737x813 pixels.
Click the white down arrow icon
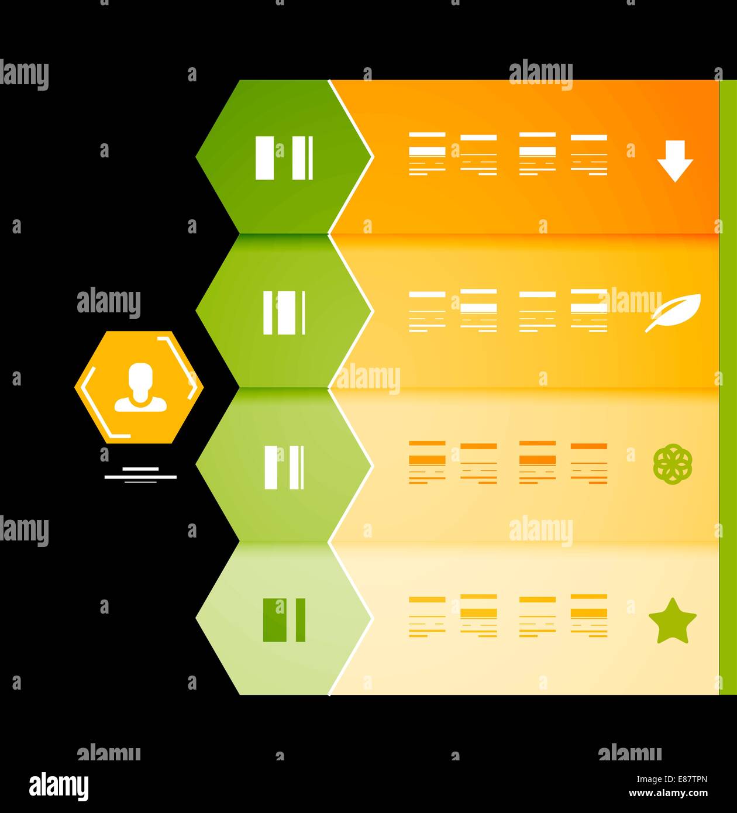(675, 161)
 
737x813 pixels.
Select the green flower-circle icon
(673, 464)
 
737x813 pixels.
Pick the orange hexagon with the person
(139, 387)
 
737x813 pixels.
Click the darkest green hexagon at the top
(284, 157)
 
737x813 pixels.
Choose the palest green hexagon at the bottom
(284, 618)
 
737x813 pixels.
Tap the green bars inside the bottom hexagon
(284, 620)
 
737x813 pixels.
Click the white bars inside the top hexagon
(284, 158)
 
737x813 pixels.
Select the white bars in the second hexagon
(284, 312)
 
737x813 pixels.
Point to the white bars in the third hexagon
(284, 467)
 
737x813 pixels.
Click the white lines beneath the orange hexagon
(140, 475)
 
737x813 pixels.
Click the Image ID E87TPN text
(671, 779)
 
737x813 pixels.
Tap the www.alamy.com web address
(668, 793)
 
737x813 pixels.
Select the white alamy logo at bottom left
(58, 786)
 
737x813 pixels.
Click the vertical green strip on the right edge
(728, 387)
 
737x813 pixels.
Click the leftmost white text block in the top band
(427, 154)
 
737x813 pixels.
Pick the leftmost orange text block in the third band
(427, 463)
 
